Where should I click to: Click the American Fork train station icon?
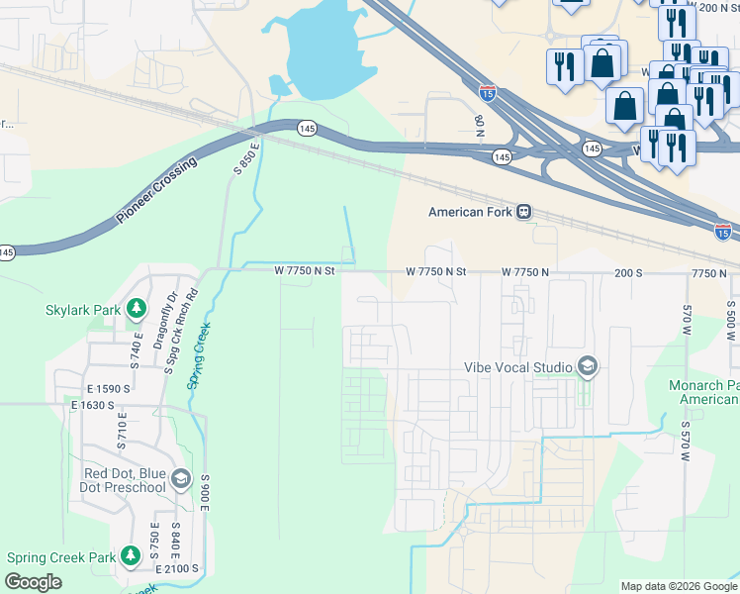[524, 212]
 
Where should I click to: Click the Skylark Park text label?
[83, 310]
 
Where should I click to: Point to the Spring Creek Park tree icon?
[130, 556]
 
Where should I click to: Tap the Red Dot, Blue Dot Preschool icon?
[179, 479]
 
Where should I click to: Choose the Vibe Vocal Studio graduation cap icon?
[588, 367]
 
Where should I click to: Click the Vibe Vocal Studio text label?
[518, 367]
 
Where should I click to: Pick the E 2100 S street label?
[177, 569]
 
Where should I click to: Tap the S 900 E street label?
[206, 491]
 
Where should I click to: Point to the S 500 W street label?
[730, 320]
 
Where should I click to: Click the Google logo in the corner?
[33, 582]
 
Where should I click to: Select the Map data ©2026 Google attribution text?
[678, 586]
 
